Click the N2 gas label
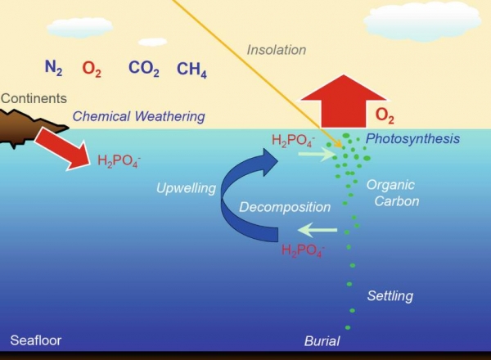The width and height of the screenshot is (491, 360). point(53,68)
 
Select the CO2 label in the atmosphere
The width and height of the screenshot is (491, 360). point(144,68)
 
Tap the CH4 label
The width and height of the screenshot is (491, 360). point(191,70)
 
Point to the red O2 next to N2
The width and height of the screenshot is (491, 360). point(92,69)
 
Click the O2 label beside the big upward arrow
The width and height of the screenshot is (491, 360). point(385,115)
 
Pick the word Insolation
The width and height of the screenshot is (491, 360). point(277,50)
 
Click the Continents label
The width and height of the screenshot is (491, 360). point(34,98)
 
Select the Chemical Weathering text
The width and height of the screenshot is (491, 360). point(139,116)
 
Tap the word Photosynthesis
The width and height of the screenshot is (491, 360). point(412,138)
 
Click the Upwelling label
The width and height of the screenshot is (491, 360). point(186,188)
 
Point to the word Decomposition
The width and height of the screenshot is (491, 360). point(285,207)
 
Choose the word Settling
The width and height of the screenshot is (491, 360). point(390,296)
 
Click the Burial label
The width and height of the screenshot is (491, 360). point(322,341)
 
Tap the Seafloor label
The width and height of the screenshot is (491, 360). point(36,340)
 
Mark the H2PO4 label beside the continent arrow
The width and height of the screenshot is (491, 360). point(119,161)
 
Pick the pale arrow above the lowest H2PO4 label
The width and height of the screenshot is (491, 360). point(318,230)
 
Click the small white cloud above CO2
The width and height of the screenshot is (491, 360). point(152,42)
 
